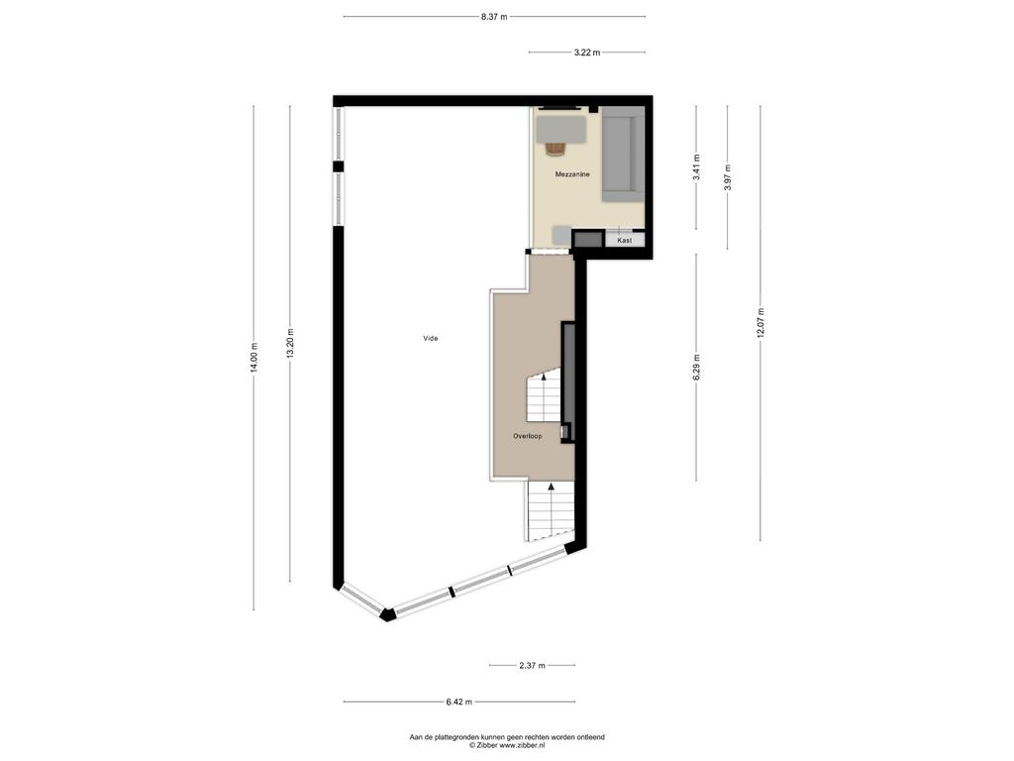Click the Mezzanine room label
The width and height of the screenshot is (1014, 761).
click(572, 174)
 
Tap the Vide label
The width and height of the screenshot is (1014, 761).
click(430, 339)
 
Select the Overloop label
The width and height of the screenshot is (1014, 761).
click(528, 436)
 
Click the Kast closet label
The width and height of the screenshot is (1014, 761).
click(625, 240)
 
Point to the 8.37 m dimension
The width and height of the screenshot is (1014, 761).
click(494, 17)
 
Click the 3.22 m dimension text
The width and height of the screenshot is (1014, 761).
click(586, 53)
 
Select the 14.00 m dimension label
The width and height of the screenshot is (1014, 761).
click(253, 357)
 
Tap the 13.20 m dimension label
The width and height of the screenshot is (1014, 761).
click(290, 343)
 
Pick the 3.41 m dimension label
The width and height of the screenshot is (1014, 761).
click(696, 167)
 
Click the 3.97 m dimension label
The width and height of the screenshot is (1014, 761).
click(728, 176)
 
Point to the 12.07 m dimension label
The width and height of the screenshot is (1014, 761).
click(760, 322)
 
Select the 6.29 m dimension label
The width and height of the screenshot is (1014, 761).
click(696, 367)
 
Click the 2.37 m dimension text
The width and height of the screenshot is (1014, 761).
click(532, 665)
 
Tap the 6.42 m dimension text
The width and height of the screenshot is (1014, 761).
click(458, 702)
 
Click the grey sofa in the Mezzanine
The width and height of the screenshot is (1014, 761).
click(624, 156)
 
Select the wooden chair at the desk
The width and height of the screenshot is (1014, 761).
click(555, 149)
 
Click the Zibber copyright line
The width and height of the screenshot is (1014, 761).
click(507, 745)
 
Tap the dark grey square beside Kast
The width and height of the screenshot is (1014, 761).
click(588, 240)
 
